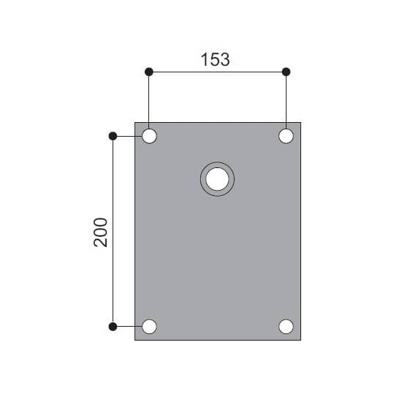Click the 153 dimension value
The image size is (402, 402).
coord(216,60)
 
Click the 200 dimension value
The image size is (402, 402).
coord(101,232)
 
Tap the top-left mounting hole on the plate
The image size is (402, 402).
coord(149,136)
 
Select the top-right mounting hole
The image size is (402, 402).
coord(286,136)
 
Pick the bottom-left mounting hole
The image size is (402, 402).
coord(149,326)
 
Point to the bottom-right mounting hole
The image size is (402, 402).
coord(286,326)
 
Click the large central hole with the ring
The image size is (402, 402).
coord(217,178)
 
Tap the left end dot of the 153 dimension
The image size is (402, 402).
coord(149,72)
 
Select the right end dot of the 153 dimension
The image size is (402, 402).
coord(286,72)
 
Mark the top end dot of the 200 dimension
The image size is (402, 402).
coord(113,136)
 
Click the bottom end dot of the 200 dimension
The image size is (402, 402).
coord(113,326)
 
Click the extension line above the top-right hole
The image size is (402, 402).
coord(286,99)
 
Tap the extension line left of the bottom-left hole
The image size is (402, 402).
coord(127,326)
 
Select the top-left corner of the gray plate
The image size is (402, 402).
coord(135,122)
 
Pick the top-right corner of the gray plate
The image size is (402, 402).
coord(300,122)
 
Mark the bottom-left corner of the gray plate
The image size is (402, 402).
coord(135,340)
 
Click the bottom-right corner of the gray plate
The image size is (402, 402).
coord(300,340)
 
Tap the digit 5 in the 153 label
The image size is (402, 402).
coord(216,60)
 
